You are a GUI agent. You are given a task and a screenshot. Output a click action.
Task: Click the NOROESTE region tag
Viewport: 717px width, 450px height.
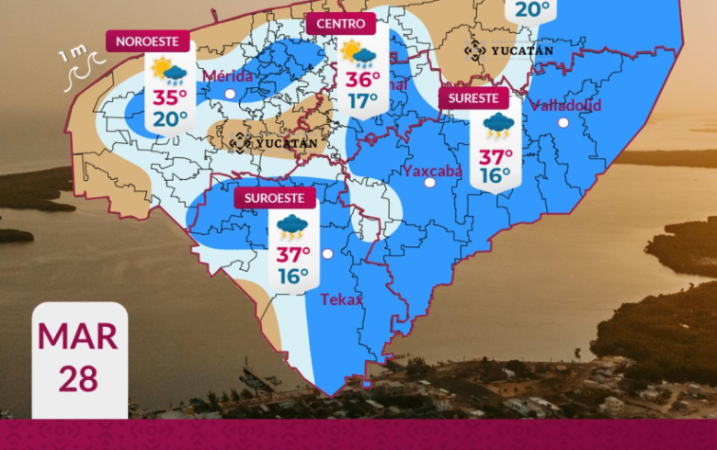(149, 40)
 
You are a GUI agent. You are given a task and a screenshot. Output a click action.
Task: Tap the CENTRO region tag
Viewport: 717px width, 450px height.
(340, 24)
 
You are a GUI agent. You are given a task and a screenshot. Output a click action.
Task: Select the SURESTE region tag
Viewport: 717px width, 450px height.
(473, 98)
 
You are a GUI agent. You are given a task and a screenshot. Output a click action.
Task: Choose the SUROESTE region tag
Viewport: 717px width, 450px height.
(275, 197)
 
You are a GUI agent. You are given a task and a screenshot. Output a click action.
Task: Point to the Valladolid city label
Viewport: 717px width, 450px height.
(566, 105)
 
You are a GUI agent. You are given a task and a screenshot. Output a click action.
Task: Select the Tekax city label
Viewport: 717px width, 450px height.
(341, 299)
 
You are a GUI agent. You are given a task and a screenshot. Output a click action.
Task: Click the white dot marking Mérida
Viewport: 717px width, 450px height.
(230, 94)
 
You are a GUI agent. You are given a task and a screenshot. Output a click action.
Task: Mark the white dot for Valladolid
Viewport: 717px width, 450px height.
(563, 121)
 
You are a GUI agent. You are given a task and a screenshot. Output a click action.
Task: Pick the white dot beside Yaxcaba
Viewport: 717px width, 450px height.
(429, 183)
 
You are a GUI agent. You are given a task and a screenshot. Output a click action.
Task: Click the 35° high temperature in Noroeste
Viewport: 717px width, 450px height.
(170, 98)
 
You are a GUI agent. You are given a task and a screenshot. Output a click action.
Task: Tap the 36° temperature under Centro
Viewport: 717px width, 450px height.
(363, 80)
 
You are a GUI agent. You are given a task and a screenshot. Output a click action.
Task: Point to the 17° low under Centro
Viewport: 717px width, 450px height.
(363, 100)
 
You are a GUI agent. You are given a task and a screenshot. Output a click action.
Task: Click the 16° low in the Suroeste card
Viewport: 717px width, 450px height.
(293, 276)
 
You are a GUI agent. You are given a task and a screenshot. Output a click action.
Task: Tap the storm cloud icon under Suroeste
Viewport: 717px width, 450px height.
(293, 227)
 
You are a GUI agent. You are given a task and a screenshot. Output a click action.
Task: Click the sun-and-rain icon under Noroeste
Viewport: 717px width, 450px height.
(170, 70)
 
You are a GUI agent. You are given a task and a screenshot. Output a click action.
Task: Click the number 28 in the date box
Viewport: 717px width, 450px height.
(79, 377)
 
